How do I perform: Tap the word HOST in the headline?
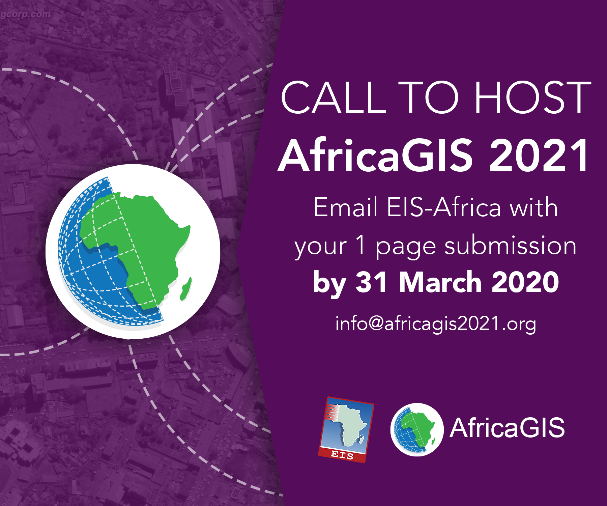click(x=533, y=97)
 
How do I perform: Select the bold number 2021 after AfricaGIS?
click(x=539, y=156)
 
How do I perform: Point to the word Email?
click(x=345, y=207)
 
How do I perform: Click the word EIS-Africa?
click(x=444, y=207)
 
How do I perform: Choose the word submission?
click(x=510, y=246)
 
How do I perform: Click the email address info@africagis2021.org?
click(x=435, y=324)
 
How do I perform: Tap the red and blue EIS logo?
click(x=346, y=429)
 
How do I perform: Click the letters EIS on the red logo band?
click(x=342, y=455)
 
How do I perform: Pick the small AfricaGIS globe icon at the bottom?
click(x=417, y=429)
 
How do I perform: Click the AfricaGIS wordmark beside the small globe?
click(x=507, y=428)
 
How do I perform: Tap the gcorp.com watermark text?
click(x=25, y=14)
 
